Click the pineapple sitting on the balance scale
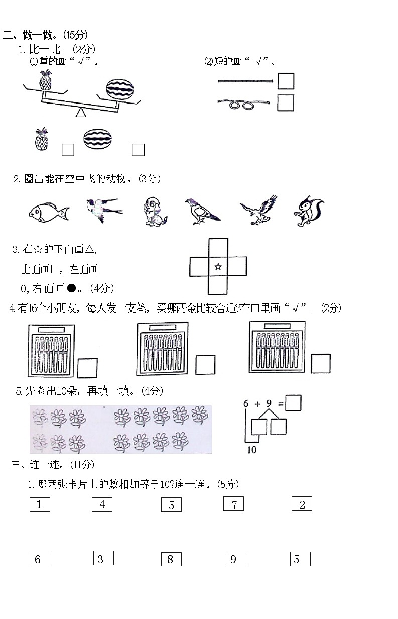coord(46,81)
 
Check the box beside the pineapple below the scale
coord(68,150)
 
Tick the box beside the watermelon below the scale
coord(138,150)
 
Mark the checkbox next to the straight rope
coord(286,81)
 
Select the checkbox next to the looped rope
coord(286,102)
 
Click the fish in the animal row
coord(48,212)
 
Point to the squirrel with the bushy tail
coord(308,211)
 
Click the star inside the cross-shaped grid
coord(218,267)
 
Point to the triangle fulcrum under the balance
coord(80,113)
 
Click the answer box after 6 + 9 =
coord(293,403)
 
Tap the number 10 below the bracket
coord(251,449)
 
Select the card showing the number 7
coord(233,504)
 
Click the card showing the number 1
coord(40,504)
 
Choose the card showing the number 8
coord(171,559)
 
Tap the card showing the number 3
coord(103,558)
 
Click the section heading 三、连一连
coord(52,465)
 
